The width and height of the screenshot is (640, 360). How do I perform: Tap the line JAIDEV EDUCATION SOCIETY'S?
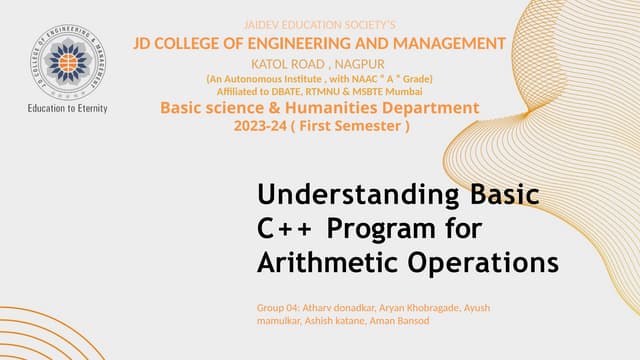[320, 23]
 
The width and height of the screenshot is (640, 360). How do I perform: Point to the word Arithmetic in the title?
[323, 263]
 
